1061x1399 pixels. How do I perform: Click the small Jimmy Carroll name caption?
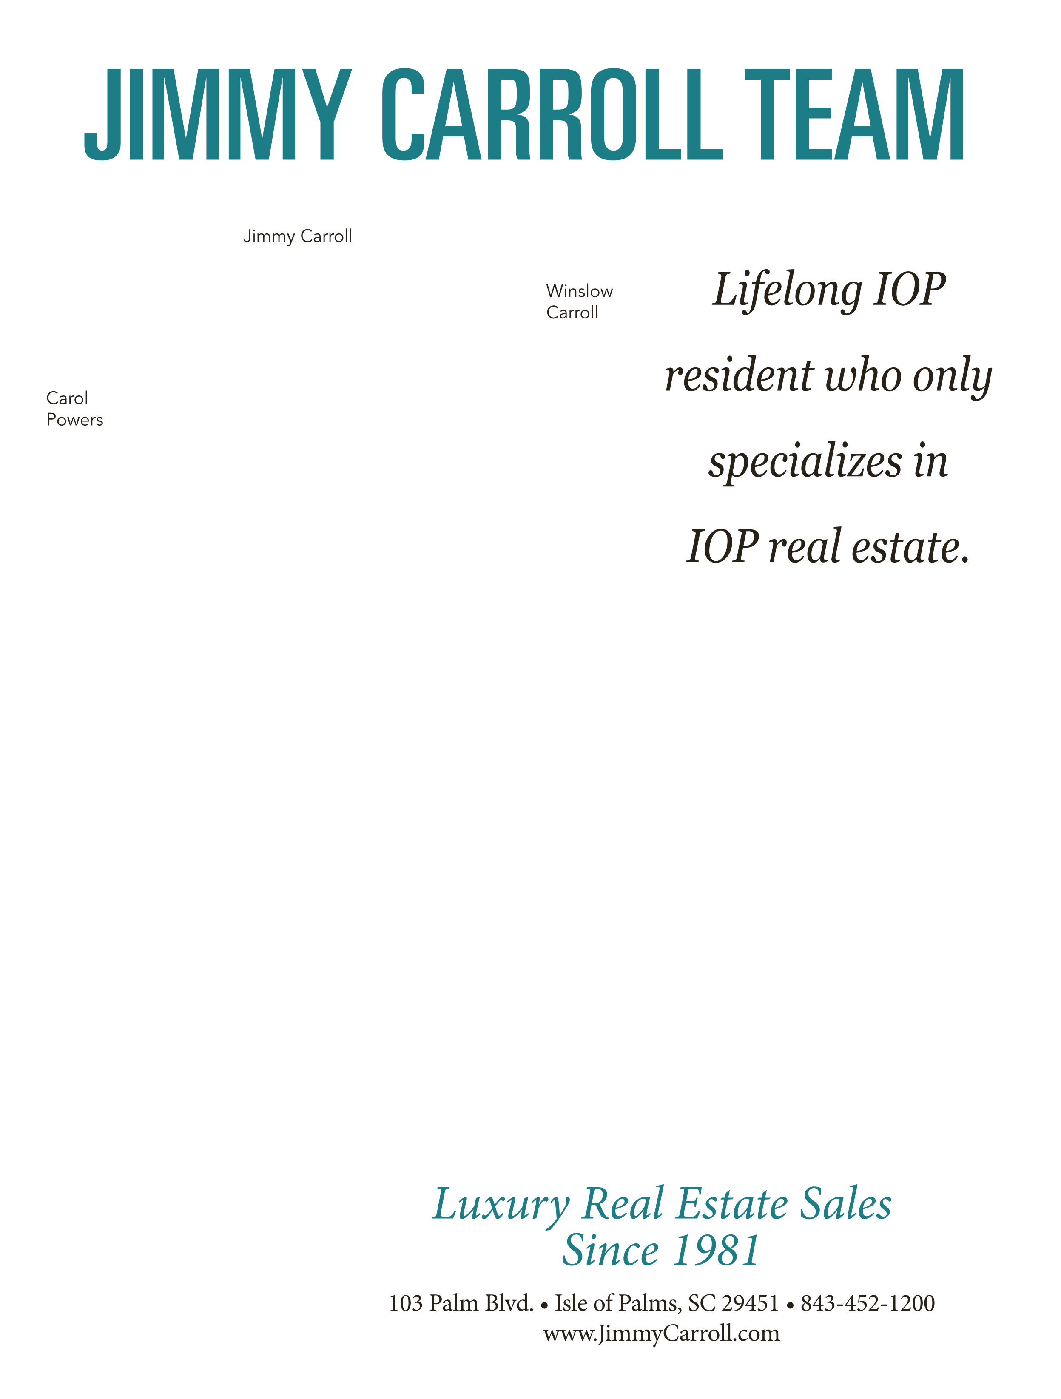point(297,236)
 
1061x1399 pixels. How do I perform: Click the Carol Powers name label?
point(75,409)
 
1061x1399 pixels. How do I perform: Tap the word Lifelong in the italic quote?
point(788,291)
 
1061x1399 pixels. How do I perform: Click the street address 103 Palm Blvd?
point(461,1303)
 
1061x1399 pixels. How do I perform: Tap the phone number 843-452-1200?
point(868,1303)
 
